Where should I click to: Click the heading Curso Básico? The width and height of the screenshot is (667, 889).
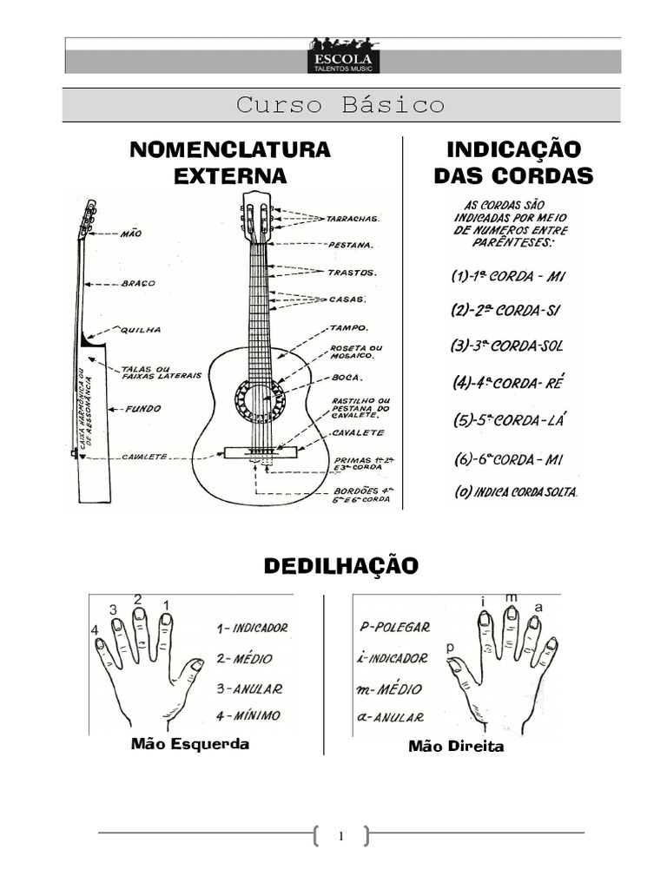340,105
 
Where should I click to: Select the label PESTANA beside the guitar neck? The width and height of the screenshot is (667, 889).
352,246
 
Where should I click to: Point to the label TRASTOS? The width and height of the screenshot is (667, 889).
352,273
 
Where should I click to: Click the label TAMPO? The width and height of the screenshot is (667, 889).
348,328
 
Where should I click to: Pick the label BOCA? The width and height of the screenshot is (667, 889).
347,378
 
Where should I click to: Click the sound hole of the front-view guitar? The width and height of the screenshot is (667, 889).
260,402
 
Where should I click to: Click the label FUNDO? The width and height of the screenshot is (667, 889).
142,408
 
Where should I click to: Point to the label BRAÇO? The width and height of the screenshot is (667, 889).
138,283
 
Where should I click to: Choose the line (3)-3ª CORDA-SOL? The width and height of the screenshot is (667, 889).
507,346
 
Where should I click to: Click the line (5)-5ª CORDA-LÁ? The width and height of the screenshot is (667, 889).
509,420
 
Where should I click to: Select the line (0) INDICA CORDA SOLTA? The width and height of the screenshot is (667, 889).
516,492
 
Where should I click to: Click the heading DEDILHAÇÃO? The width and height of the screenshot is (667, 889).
340,566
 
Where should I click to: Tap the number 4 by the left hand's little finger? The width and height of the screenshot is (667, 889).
95,629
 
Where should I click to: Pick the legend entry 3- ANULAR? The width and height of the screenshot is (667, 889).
249,688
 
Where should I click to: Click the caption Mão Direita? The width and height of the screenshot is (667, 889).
456,746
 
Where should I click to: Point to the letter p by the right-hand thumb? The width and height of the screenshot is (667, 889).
450,647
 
